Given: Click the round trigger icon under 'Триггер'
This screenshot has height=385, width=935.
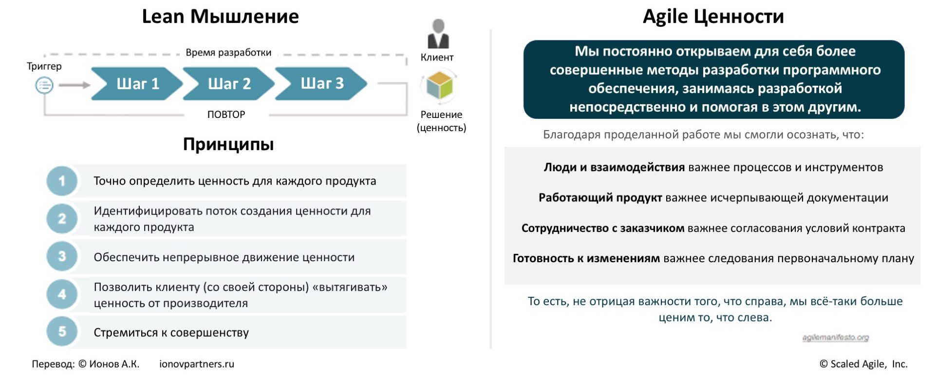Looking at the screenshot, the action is pyautogui.click(x=44, y=85).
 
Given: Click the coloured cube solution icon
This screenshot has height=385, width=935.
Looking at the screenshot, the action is pyautogui.click(x=440, y=85).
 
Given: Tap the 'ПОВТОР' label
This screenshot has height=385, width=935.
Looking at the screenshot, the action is pyautogui.click(x=226, y=115).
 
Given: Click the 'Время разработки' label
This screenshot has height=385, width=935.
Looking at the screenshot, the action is pyautogui.click(x=228, y=53).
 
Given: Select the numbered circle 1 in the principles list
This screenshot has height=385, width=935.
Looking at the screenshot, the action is pyautogui.click(x=62, y=181).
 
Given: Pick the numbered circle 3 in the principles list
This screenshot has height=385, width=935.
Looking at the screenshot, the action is pyautogui.click(x=62, y=256).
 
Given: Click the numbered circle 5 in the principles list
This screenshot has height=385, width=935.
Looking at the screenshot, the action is pyautogui.click(x=62, y=332).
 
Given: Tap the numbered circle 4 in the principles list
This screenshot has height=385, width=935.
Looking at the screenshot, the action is pyautogui.click(x=62, y=294).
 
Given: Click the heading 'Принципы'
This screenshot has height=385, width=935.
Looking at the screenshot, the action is pyautogui.click(x=228, y=144).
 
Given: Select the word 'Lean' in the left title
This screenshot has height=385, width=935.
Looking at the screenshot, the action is pyautogui.click(x=163, y=17).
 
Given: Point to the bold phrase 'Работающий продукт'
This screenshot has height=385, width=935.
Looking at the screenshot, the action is pyautogui.click(x=600, y=198).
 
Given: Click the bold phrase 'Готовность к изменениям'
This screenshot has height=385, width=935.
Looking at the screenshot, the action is pyautogui.click(x=586, y=258).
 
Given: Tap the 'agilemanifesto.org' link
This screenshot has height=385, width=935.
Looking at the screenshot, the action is pyautogui.click(x=836, y=337).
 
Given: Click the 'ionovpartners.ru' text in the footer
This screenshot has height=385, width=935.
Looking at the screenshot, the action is pyautogui.click(x=197, y=364).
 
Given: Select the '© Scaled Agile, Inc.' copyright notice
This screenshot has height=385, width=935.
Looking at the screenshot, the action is pyautogui.click(x=864, y=364).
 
